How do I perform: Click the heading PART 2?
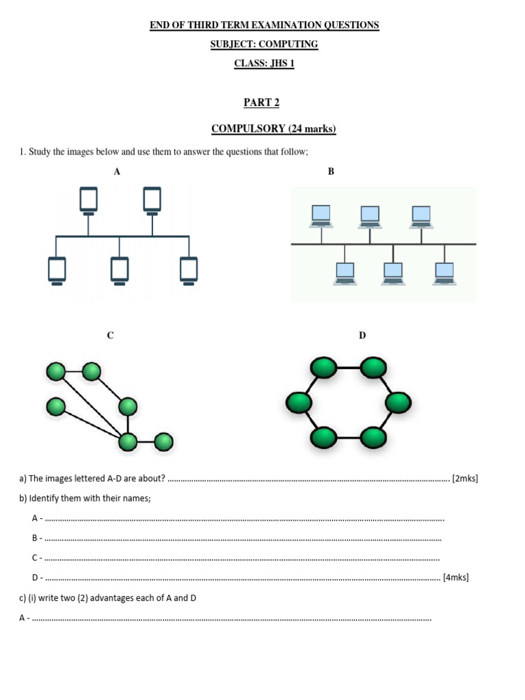tap(262, 103)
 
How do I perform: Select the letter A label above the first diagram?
tap(117, 172)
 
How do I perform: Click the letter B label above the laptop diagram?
tap(331, 172)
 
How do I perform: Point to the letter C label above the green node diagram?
tap(110, 335)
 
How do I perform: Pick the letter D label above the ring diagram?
tap(362, 335)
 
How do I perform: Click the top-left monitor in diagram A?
tap(88, 200)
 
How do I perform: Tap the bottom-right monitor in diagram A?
tap(189, 269)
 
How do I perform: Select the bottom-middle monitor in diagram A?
tap(120, 269)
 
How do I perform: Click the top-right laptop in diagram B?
tap(421, 216)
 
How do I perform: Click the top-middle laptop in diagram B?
tap(370, 216)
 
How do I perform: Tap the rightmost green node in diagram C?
tap(163, 442)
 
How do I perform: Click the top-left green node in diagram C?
tap(56, 372)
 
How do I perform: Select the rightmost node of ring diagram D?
tap(399, 403)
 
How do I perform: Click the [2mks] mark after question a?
tap(465, 479)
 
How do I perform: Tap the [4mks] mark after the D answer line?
tap(456, 578)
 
